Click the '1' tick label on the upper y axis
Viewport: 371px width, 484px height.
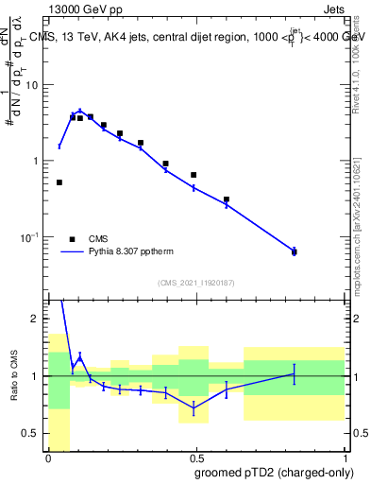tap(37, 161)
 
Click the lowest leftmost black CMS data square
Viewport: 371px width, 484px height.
tap(59, 182)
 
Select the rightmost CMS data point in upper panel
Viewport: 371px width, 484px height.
tap(294, 251)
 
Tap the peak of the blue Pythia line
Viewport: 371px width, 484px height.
tap(80, 111)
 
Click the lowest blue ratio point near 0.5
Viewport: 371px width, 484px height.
tap(194, 408)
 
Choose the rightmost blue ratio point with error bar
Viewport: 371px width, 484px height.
tap(294, 374)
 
